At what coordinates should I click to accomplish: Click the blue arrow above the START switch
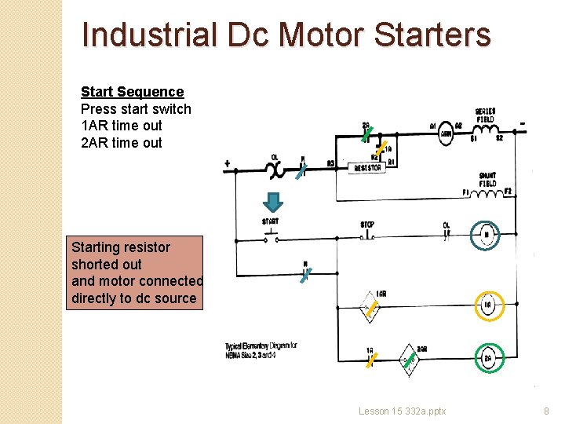[271, 203]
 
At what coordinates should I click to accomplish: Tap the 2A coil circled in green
[487, 359]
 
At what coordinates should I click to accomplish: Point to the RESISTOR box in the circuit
[368, 168]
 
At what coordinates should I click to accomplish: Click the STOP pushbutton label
[367, 225]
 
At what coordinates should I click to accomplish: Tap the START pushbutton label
[270, 221]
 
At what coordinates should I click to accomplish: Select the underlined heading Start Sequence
[132, 92]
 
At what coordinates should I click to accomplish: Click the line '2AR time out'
[122, 143]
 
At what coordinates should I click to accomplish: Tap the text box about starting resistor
[134, 272]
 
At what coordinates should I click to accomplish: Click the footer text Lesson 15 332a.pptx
[402, 411]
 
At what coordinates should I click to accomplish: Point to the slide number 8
[546, 411]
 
